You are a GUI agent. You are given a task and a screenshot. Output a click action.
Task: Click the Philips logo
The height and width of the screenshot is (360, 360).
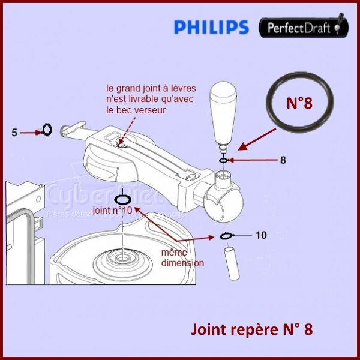tap(211, 27)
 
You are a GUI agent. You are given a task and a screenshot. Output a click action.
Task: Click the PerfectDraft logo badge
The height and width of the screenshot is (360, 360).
tap(304, 27)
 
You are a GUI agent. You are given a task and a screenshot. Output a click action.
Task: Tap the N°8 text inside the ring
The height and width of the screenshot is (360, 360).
tap(299, 103)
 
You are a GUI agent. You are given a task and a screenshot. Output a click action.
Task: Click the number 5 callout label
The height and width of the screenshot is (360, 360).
tap(14, 133)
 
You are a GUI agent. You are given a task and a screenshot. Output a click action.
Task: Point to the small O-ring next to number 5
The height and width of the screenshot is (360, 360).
tap(47, 130)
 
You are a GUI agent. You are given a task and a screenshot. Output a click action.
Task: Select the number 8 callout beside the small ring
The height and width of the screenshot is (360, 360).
tap(283, 160)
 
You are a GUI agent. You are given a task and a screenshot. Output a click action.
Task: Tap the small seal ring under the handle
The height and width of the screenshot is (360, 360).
tap(223, 160)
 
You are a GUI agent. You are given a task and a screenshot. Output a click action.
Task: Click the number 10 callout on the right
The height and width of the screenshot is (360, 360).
tap(261, 235)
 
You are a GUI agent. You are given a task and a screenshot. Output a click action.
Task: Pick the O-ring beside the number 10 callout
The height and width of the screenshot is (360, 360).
tap(226, 235)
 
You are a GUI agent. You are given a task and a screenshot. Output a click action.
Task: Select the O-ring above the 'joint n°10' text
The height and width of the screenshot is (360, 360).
tap(122, 199)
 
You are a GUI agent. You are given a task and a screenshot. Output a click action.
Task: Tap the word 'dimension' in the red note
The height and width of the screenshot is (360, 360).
tap(182, 263)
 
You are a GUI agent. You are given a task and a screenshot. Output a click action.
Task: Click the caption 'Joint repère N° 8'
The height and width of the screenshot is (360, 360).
tap(251, 329)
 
